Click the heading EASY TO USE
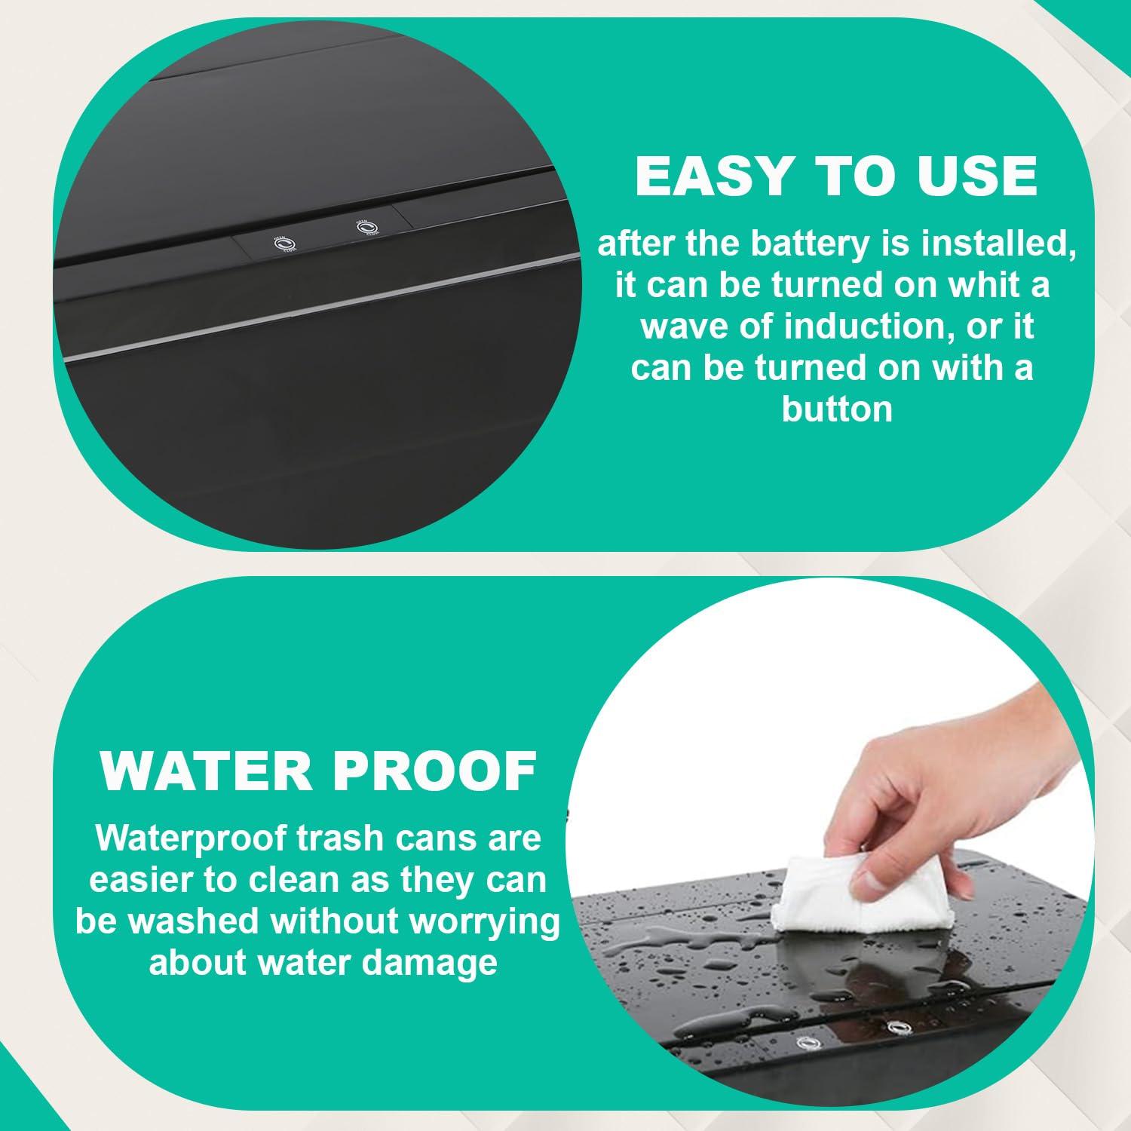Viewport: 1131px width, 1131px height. (x=836, y=175)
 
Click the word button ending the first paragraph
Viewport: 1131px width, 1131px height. (x=837, y=409)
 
